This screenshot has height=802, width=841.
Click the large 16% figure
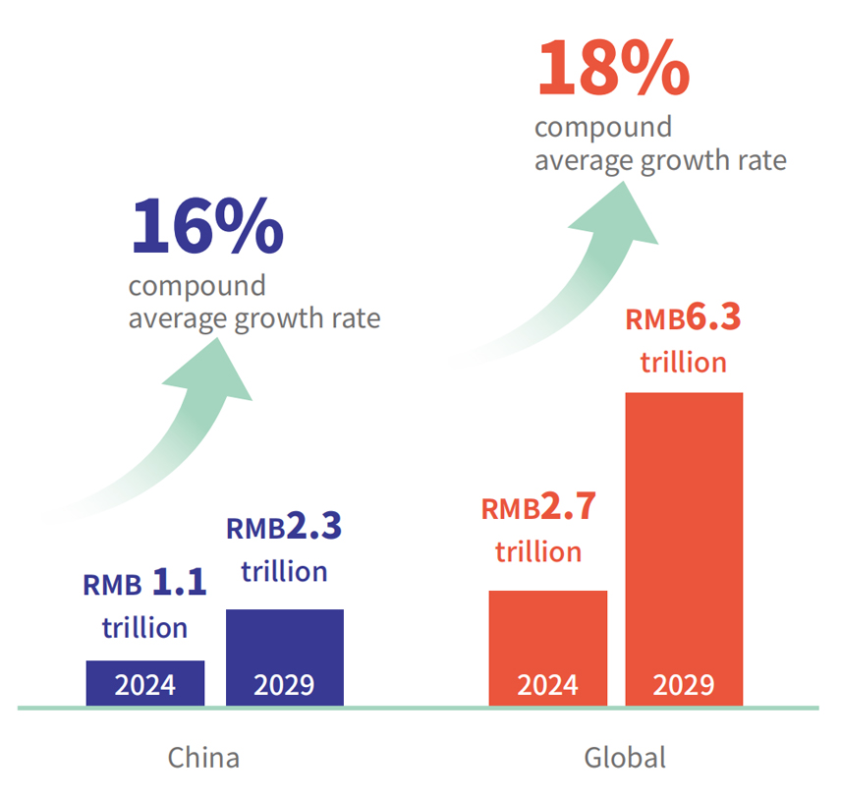[206, 228]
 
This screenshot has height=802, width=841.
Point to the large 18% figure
[612, 69]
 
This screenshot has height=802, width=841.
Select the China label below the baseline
[203, 758]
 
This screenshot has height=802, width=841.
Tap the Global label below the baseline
[625, 758]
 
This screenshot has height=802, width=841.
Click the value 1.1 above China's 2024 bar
[179, 584]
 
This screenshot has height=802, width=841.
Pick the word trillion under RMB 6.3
[684, 363]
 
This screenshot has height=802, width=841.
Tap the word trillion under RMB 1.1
[144, 627]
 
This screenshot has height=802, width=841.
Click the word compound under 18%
[603, 128]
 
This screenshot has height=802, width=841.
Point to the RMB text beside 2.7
[510, 510]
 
